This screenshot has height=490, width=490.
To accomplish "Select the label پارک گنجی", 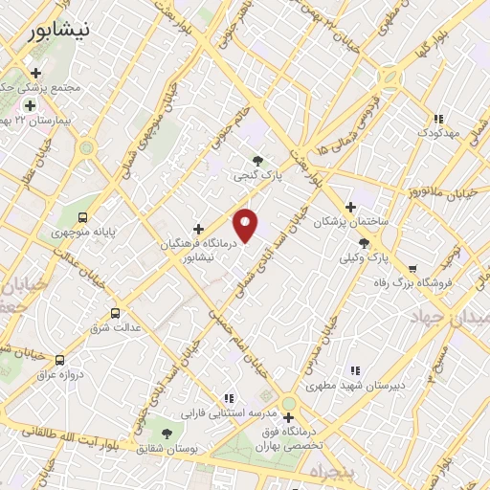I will (x=256, y=176).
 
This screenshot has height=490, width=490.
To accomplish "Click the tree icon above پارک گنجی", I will (x=256, y=161).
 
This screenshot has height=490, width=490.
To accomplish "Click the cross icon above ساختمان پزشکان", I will (x=350, y=207).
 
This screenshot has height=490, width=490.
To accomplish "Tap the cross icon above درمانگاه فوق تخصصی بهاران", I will (x=288, y=417).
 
